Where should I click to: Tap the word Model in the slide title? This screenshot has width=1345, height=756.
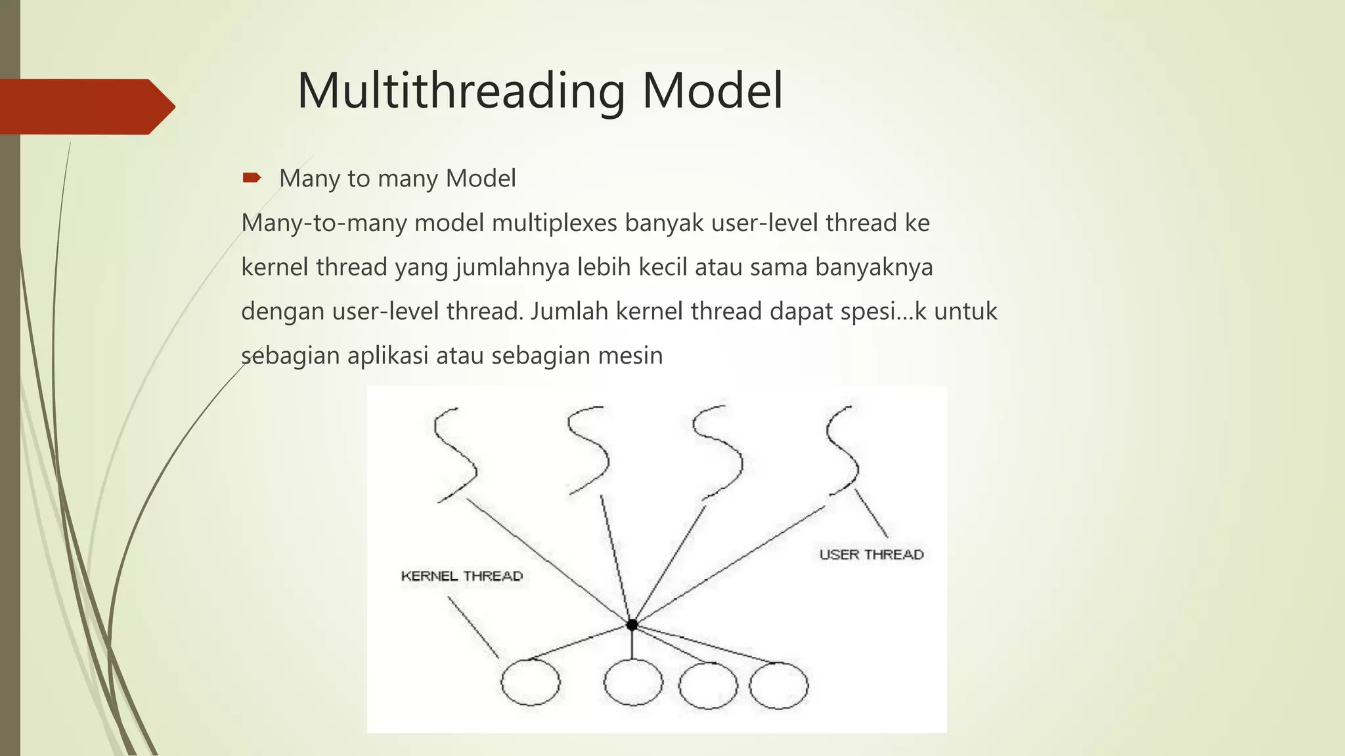coord(712,91)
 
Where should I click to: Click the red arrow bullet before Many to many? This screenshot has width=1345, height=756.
coord(252,177)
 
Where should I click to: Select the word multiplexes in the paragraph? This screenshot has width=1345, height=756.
coord(554,223)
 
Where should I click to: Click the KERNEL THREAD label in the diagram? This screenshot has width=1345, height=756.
coord(462,576)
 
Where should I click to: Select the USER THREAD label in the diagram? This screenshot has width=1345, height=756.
coord(871,555)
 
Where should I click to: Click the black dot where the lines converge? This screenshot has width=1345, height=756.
coord(632,625)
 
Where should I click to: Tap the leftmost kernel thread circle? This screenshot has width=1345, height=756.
coord(531,682)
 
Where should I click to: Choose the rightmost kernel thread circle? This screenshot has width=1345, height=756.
coord(779,686)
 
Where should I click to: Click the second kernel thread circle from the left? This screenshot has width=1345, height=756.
coord(633,682)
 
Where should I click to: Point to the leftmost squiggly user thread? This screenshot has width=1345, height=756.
coord(455,454)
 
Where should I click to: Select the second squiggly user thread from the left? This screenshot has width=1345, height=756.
coord(589,450)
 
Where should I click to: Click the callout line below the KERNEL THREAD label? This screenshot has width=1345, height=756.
coord(473,627)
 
